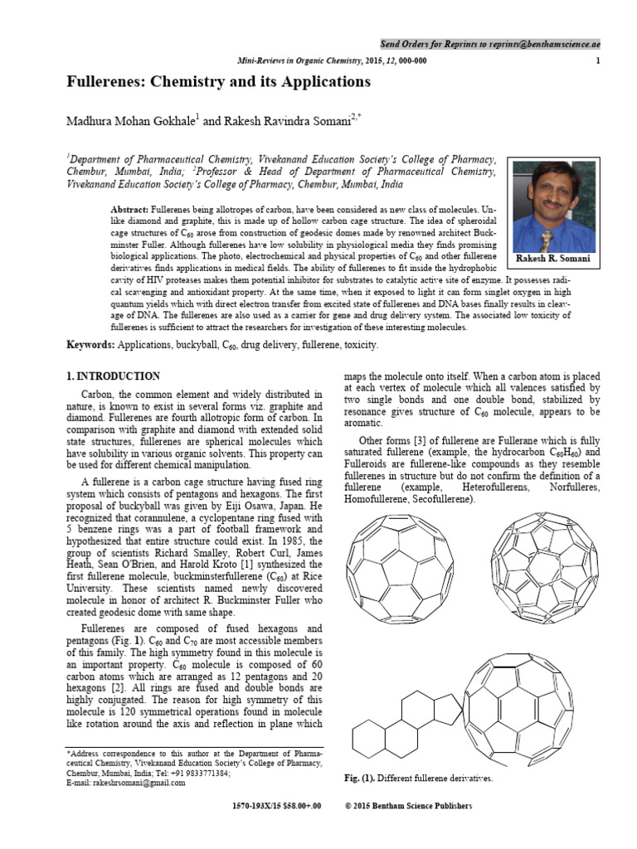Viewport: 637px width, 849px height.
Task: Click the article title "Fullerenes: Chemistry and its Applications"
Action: pyautogui.click(x=218, y=82)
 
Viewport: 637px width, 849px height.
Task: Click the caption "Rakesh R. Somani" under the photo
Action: pyautogui.click(x=553, y=259)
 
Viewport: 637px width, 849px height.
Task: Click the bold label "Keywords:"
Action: pyautogui.click(x=90, y=344)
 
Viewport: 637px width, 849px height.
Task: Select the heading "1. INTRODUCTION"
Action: pyautogui.click(x=113, y=376)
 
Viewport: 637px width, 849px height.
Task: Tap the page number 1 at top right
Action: pyautogui.click(x=598, y=61)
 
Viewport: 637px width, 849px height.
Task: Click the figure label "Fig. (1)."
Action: pyautogui.click(x=359, y=779)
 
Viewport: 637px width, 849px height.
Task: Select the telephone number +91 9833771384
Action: pyautogui.click(x=197, y=773)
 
